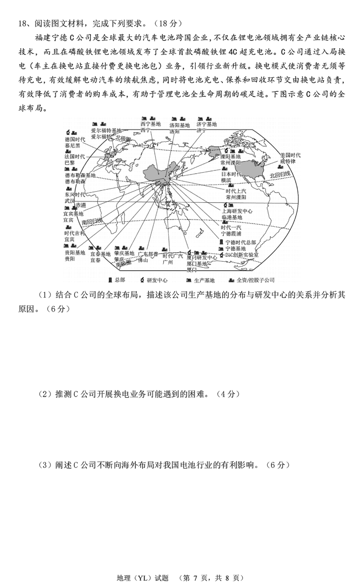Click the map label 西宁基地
click(150, 123)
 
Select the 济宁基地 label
click(207, 124)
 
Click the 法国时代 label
click(74, 157)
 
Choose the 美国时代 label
click(290, 155)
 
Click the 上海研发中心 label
click(237, 211)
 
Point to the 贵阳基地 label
click(74, 253)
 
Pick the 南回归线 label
click(92, 221)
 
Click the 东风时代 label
click(74, 194)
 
